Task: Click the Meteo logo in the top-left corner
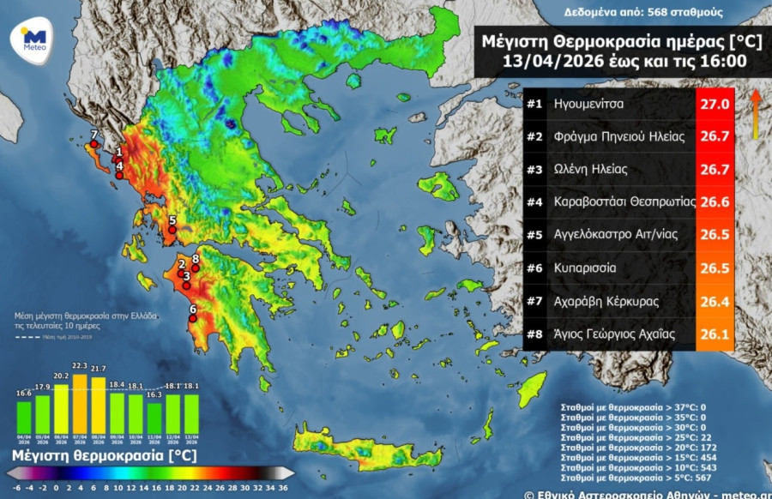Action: (34, 38)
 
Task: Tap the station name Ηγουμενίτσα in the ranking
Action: (588, 104)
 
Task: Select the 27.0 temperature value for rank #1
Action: (715, 104)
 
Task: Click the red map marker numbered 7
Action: (93, 145)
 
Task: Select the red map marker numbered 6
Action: (192, 318)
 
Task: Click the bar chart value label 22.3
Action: (80, 366)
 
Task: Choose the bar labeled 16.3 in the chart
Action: (154, 417)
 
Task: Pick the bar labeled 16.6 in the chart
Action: (24, 416)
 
